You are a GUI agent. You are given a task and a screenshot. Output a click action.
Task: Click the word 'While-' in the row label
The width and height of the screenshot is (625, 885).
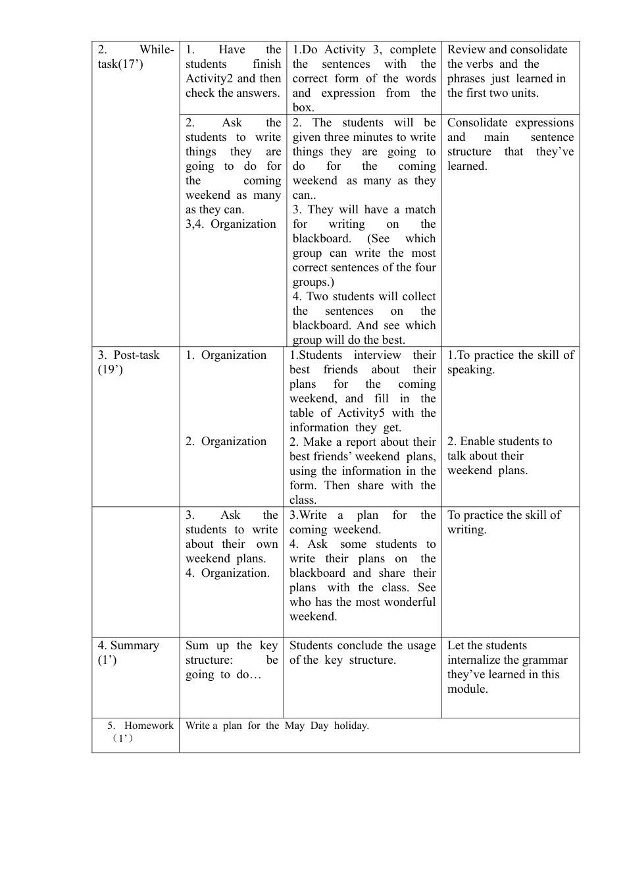pyautogui.click(x=157, y=49)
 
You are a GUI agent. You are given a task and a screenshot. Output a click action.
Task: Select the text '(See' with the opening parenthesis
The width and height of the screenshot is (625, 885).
pyautogui.click(x=378, y=238)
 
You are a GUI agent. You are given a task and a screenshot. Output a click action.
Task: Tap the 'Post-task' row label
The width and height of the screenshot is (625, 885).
pyautogui.click(x=136, y=355)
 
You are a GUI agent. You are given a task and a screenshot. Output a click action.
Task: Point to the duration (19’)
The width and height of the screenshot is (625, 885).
pyautogui.click(x=110, y=369)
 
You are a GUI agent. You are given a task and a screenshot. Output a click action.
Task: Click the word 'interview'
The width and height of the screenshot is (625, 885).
pyautogui.click(x=377, y=355)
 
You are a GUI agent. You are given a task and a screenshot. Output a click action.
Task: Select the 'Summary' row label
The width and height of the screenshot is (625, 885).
pyautogui.click(x=134, y=645)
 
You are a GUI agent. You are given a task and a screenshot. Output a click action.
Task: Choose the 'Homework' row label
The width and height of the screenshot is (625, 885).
pyautogui.click(x=149, y=726)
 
